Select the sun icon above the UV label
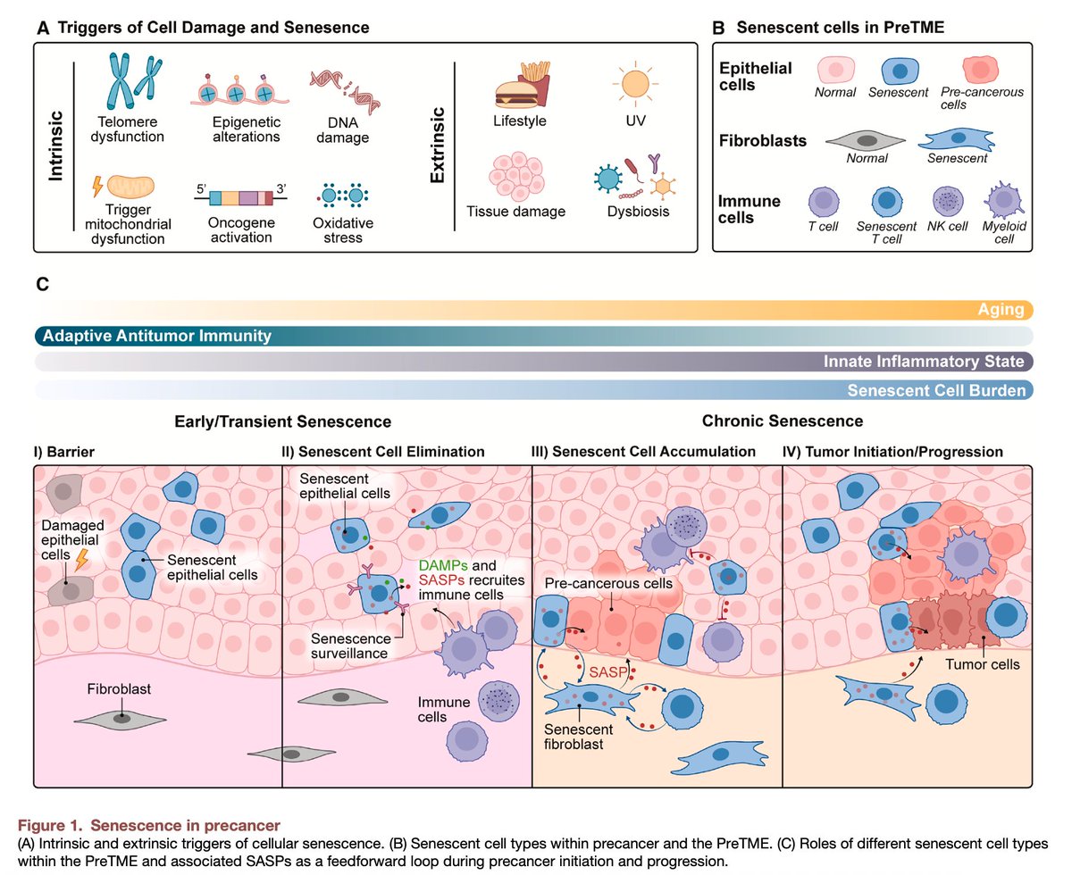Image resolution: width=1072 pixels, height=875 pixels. click(635, 85)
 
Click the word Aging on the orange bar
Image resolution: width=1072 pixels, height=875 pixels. click(1000, 310)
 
